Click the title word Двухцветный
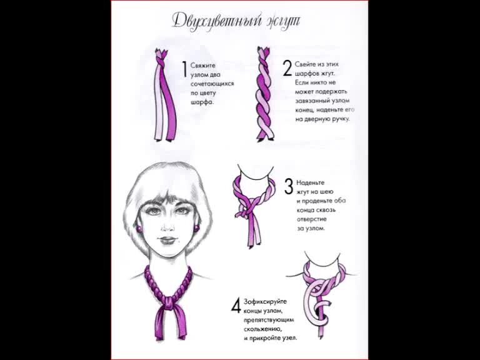point(217,21)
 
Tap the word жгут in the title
point(282,21)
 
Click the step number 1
point(184,69)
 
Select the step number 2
point(287,68)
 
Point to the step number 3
point(289,186)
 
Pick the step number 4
point(236,306)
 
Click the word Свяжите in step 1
point(203,66)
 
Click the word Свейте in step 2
point(304,64)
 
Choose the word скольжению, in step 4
point(262,329)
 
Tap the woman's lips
point(167,240)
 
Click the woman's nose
point(167,226)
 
